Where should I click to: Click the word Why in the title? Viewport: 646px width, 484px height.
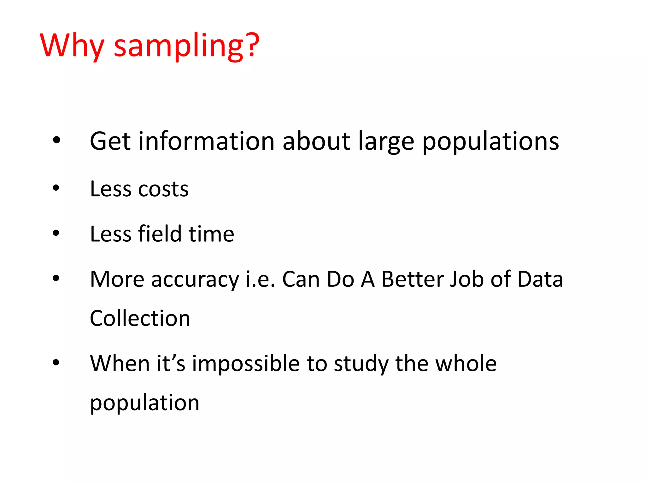click(72, 46)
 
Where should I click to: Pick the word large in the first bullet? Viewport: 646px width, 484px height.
click(386, 142)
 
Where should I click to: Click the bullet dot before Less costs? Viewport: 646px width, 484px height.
click(56, 188)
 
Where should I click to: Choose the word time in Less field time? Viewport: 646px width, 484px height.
click(211, 234)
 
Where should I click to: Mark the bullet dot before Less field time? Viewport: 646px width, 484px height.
click(56, 233)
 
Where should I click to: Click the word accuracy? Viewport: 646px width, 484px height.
click(195, 280)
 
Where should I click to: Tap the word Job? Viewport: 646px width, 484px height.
click(467, 279)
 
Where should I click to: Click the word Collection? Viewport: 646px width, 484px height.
click(140, 318)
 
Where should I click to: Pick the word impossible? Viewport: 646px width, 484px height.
click(246, 364)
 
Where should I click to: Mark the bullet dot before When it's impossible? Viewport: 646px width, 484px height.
click(56, 362)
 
